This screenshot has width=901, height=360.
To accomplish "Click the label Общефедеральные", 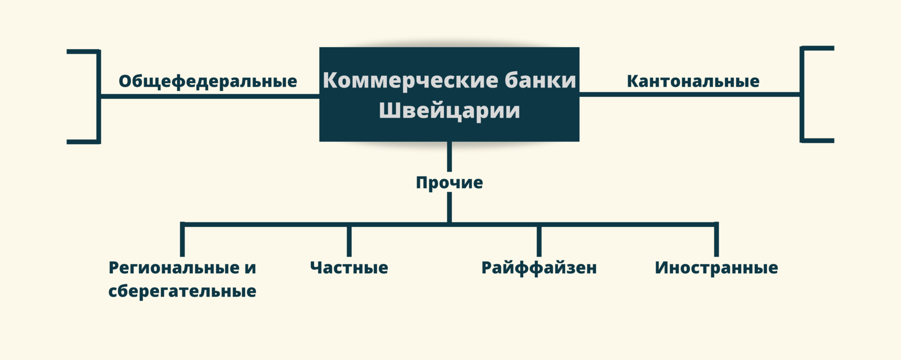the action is [208, 81].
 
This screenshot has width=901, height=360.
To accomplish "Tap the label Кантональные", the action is [693, 81].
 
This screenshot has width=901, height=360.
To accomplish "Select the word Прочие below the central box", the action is [449, 182].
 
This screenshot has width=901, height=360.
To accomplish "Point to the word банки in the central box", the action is [540, 80].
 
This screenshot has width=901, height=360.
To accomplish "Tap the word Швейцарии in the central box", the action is [449, 111].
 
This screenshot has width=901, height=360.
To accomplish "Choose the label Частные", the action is [349, 267].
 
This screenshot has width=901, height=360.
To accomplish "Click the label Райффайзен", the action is [539, 267].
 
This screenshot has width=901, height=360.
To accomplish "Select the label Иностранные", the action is [716, 267].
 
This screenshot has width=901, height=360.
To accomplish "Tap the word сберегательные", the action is [182, 291].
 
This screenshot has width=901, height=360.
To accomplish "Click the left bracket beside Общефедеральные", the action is [98, 97].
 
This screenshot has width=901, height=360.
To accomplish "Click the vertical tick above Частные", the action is [349, 241].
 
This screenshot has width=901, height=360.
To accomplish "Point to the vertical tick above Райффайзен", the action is [539, 241].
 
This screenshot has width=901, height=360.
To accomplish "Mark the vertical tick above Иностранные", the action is [717, 240].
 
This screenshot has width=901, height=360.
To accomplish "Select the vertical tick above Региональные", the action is [182, 240].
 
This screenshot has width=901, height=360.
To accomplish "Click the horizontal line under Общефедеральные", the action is [209, 97].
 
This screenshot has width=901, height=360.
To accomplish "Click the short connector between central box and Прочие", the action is [449, 156].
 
